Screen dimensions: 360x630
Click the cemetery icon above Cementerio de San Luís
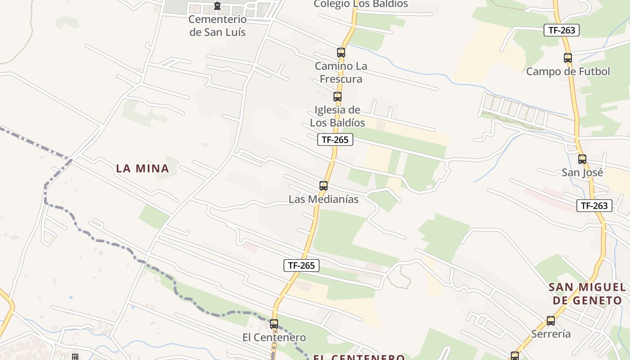click(x=217, y=6)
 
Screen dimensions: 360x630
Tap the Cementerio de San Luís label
click(x=217, y=26)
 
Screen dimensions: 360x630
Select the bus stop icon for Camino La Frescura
click(x=341, y=52)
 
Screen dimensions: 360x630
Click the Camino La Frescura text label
click(x=341, y=72)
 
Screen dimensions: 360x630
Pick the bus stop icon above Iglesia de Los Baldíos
click(x=337, y=96)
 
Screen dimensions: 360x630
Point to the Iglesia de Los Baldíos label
click(x=337, y=116)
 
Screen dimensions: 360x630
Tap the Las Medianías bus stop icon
click(x=323, y=185)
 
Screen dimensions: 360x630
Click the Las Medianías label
click(x=324, y=199)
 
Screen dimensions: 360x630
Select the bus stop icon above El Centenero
click(x=274, y=324)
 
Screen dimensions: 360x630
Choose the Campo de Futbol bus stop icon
click(x=568, y=58)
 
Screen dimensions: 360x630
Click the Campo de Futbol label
click(x=568, y=72)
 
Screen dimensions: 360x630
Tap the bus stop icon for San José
click(x=582, y=159)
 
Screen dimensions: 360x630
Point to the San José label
click(x=582, y=172)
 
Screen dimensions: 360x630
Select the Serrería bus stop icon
click(x=551, y=321)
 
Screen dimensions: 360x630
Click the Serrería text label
click(x=551, y=334)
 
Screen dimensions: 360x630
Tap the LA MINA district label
click(x=143, y=169)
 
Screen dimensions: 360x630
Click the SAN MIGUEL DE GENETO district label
click(x=587, y=294)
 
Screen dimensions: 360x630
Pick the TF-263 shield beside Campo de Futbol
click(x=562, y=30)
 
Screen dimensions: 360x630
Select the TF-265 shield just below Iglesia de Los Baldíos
click(x=335, y=139)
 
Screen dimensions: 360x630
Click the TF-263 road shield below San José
click(x=594, y=206)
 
